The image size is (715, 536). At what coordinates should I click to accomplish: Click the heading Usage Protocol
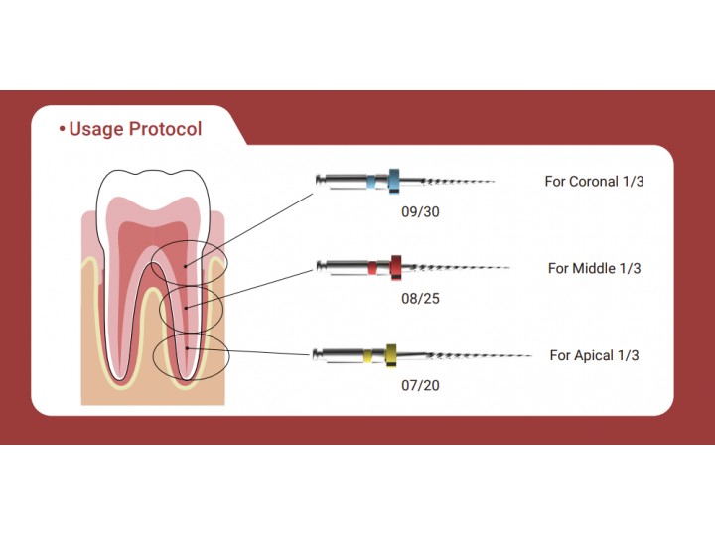[135, 130]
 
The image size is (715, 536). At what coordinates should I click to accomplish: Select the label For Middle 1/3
[594, 269]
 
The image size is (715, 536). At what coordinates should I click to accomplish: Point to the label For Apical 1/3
[594, 355]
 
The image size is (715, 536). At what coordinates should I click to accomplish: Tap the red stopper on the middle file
[395, 266]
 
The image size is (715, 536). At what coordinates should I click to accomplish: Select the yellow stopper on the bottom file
[391, 354]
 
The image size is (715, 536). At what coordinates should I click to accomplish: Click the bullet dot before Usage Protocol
[63, 130]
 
